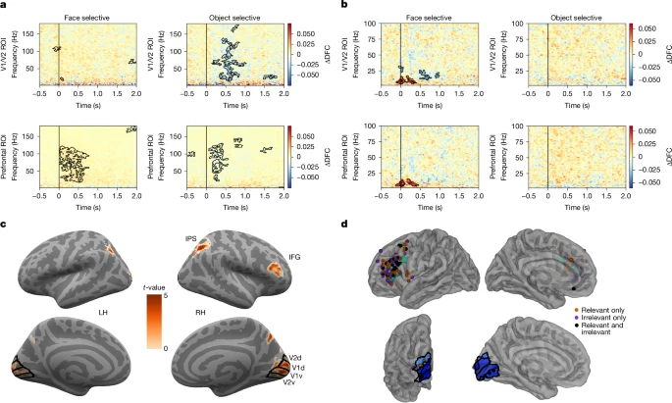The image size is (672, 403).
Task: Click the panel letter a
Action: coord(6,6)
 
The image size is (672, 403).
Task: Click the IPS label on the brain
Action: coord(192,239)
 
